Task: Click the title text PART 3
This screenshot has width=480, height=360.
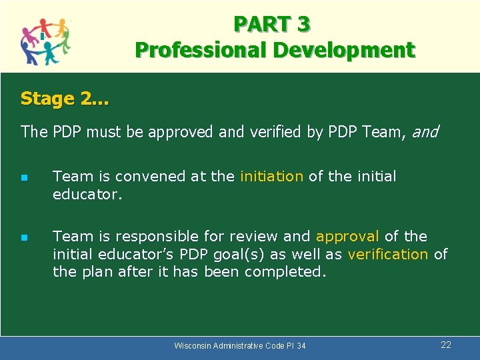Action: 271,24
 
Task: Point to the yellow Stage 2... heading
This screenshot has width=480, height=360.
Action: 65,99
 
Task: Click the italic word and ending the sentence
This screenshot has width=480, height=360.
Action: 425,132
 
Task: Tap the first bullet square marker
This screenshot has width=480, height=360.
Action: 24,178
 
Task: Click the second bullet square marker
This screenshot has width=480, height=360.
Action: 24,237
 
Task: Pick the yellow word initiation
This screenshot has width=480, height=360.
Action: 271,177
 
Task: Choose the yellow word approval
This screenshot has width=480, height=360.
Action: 347,237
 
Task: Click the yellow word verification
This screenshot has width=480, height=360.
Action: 388,254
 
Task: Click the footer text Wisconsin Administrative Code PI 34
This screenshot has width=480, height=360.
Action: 240,345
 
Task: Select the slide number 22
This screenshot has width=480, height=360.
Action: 446,345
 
